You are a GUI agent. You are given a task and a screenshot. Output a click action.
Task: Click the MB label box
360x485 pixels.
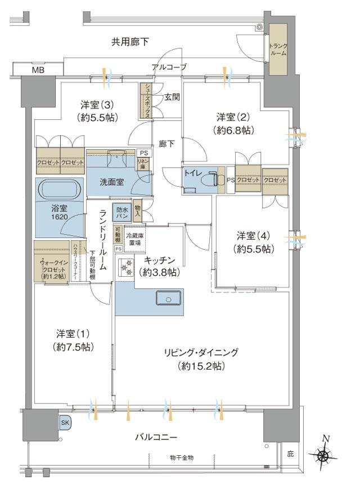38,70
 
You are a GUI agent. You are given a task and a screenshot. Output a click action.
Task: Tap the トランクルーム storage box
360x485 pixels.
278,50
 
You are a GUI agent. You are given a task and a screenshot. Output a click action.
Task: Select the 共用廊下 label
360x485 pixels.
130,42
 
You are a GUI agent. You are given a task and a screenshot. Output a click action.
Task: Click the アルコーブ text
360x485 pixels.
169,68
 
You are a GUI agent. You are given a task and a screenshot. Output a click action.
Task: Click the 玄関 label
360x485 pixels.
172,97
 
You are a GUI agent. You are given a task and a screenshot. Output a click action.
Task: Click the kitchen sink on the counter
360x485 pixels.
168,298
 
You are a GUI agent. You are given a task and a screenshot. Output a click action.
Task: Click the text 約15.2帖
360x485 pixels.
201,366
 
